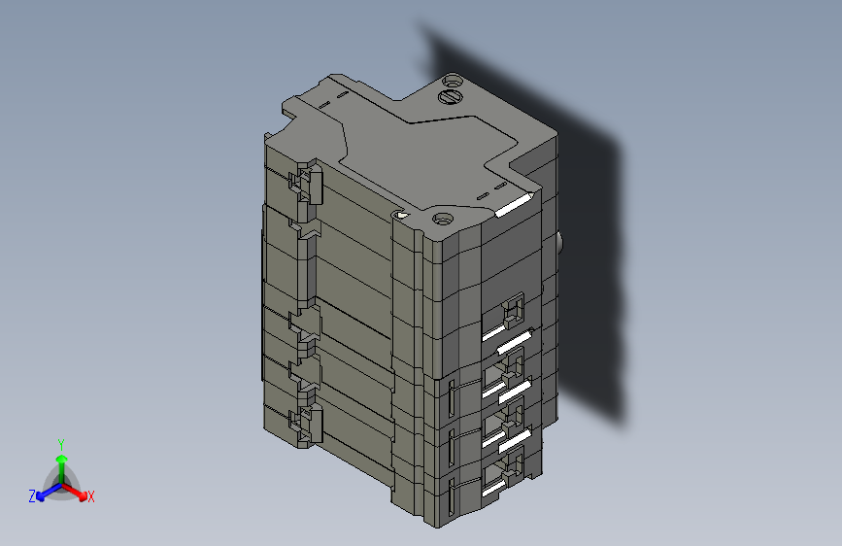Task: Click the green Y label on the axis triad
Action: [60, 443]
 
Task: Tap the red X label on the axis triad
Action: [91, 497]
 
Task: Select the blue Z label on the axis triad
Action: [32, 496]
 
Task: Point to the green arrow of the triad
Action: [60, 461]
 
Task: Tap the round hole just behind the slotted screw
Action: [452, 80]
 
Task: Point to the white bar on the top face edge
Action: [514, 205]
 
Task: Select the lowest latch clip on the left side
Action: [306, 426]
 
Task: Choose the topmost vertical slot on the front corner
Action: [452, 397]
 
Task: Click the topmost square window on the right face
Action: [512, 312]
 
